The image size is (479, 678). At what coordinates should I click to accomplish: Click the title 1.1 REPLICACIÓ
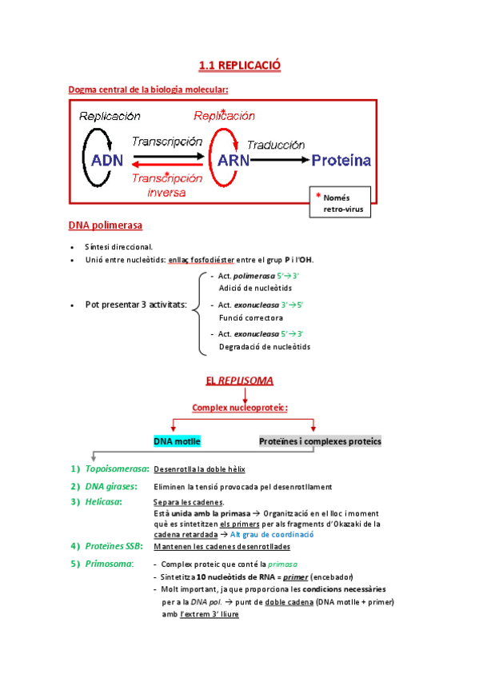pyautogui.click(x=240, y=65)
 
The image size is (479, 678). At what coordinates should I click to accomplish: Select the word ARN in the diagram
pyautogui.click(x=234, y=160)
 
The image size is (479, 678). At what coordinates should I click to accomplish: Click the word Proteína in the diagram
pyautogui.click(x=341, y=161)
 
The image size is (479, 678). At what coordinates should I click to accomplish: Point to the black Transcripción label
pyautogui.click(x=166, y=141)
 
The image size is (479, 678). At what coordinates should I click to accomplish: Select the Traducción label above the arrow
pyautogui.click(x=276, y=145)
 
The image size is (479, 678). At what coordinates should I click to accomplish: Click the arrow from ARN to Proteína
pyautogui.click(x=280, y=160)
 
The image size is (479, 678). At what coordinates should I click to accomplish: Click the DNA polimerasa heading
pyautogui.click(x=106, y=225)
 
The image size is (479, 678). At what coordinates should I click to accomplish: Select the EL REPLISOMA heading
pyautogui.click(x=239, y=381)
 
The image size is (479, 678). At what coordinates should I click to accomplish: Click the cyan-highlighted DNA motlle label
pyautogui.click(x=177, y=441)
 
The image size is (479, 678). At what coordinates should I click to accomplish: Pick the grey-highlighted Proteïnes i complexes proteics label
pyautogui.click(x=320, y=441)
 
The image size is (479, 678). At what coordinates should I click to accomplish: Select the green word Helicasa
pyautogui.click(x=104, y=502)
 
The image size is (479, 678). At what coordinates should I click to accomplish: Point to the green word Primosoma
pyautogui.click(x=109, y=564)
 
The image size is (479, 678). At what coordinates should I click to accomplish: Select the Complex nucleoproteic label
pyautogui.click(x=240, y=408)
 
